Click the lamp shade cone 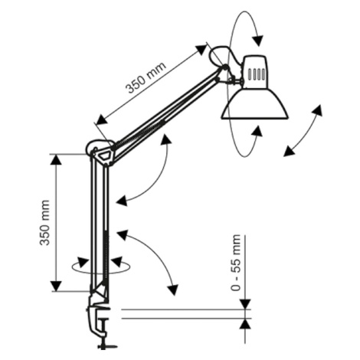tap(255, 104)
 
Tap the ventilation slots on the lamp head tap(256, 74)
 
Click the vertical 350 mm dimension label tap(44, 222)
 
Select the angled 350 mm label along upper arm tap(146, 77)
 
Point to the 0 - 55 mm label tap(235, 263)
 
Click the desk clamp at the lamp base tap(99, 316)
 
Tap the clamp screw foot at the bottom tap(106, 346)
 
